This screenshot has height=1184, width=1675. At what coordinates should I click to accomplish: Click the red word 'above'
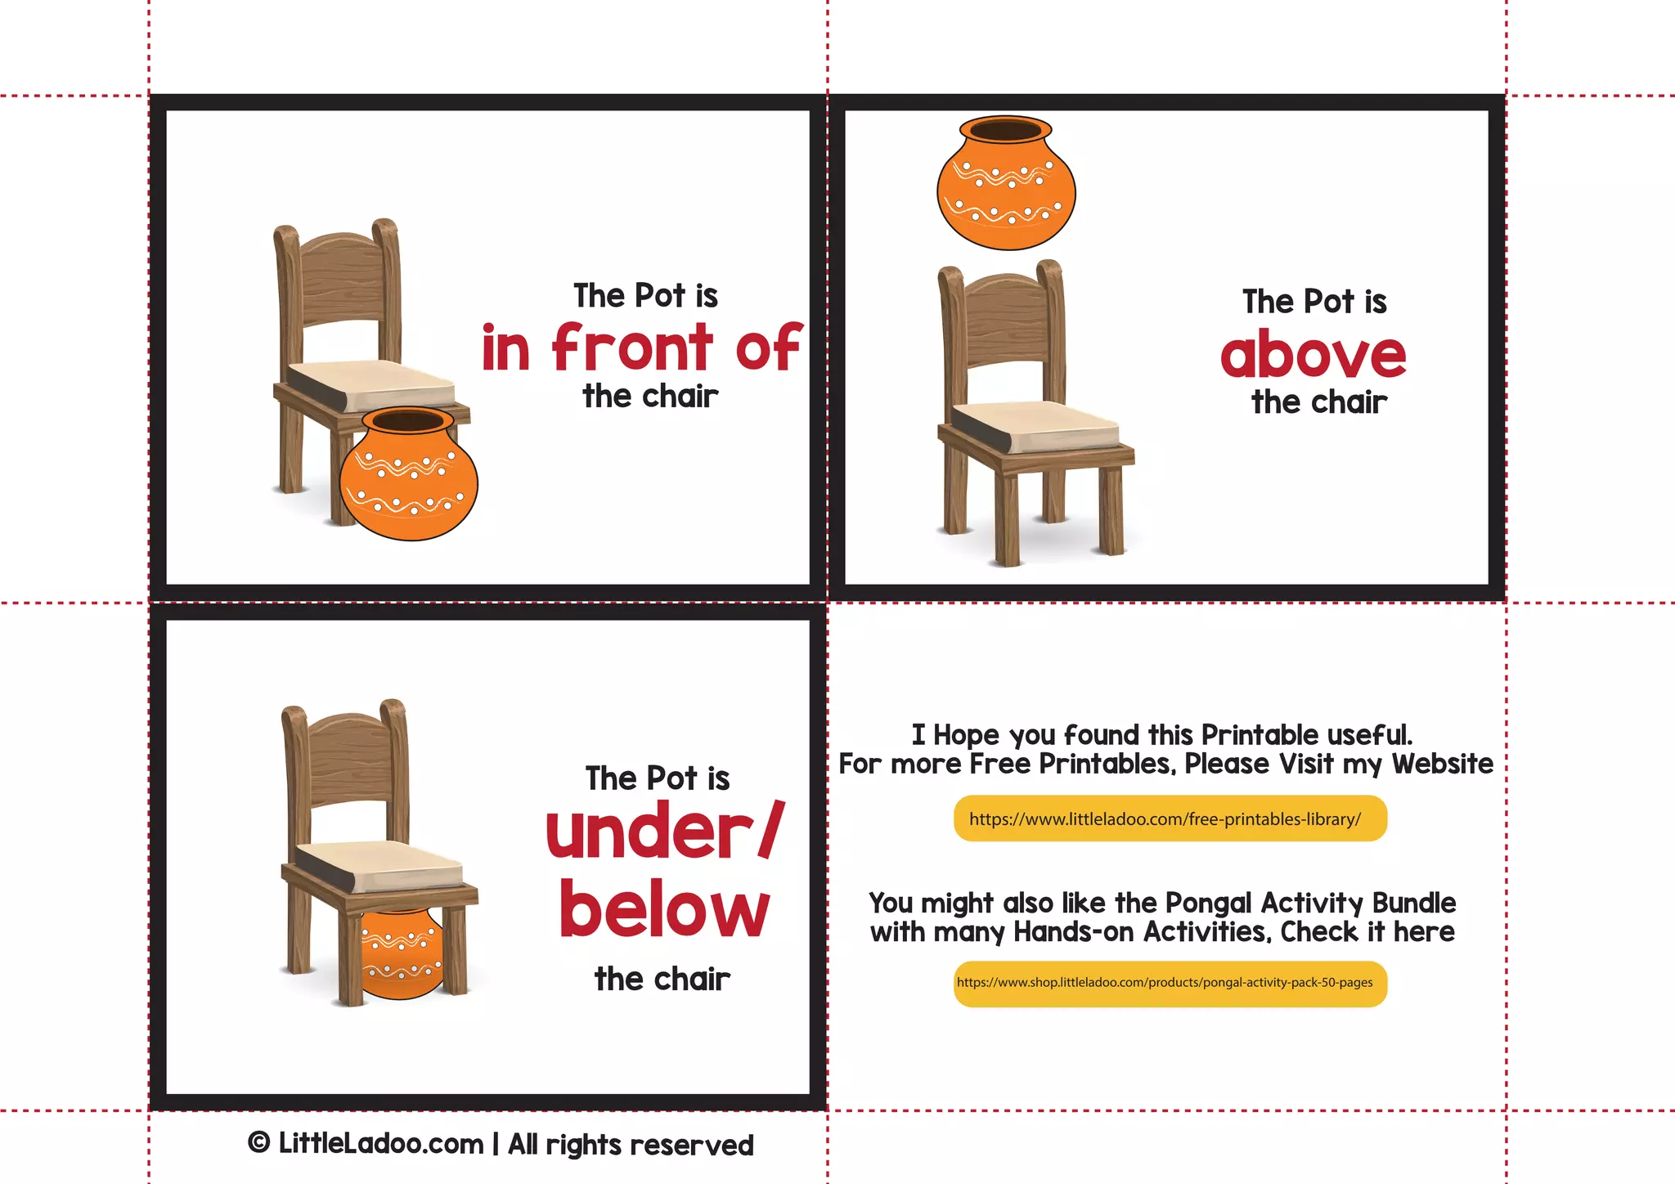pos(1313,355)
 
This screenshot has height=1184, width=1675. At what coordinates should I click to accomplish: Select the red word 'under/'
pos(664,831)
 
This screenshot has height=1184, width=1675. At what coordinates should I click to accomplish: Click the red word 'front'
pos(631,348)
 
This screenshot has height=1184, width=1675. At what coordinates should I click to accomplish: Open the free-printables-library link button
pos(1170,818)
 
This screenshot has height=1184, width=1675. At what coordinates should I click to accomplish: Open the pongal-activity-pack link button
pos(1170,983)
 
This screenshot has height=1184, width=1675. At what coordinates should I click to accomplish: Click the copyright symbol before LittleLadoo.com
pos(259,1143)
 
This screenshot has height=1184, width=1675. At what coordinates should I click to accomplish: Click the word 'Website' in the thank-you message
pos(1442,764)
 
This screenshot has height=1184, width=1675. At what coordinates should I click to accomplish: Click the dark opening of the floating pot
pos(1005,130)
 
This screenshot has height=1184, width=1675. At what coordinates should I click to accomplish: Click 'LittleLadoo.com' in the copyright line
pos(381,1144)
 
